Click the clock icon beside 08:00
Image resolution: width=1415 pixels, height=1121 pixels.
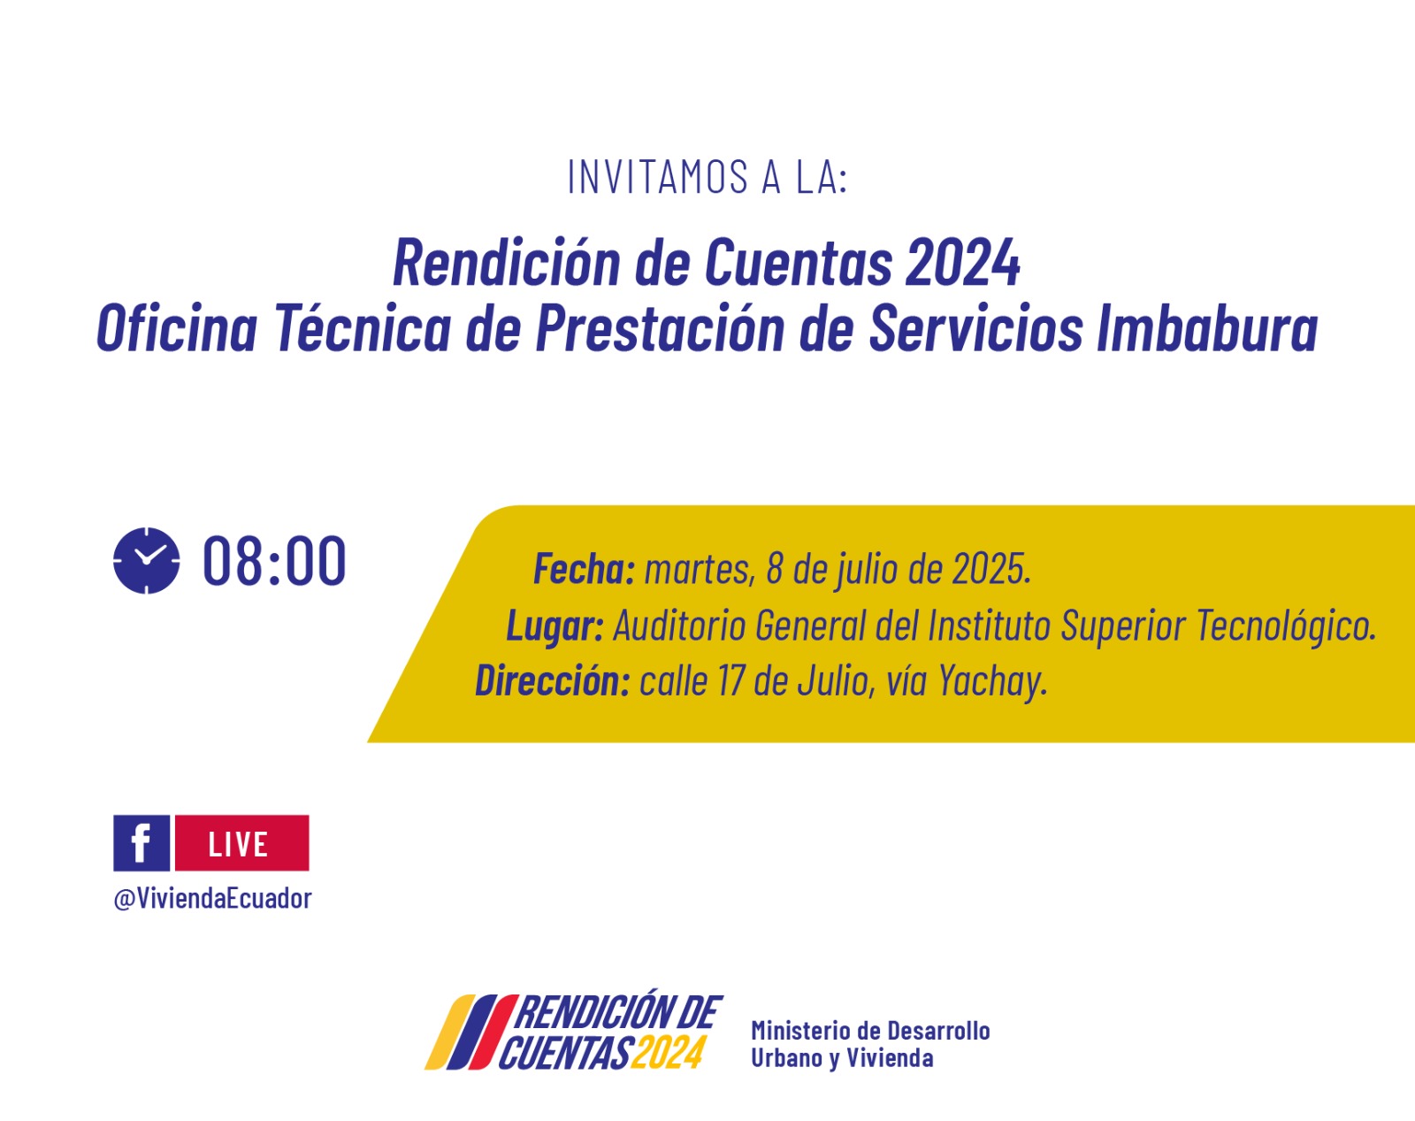pos(146,561)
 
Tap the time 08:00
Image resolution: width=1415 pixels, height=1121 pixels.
pos(274,561)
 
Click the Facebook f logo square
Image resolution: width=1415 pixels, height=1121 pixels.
pos(141,842)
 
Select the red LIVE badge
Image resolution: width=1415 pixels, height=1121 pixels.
pos(242,842)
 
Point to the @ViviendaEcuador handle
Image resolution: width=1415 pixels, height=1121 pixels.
pos(212,898)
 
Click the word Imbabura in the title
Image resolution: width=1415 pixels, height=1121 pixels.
pos(1207,327)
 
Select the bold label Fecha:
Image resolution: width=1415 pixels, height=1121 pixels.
pos(584,568)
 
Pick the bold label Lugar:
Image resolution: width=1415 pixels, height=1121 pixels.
pos(555,625)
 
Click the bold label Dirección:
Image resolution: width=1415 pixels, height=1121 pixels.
pos(553,680)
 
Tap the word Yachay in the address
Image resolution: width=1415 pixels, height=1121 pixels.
pos(992,681)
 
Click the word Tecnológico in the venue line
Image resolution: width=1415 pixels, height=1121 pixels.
pos(1286,625)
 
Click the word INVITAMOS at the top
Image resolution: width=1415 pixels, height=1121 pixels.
pos(657,177)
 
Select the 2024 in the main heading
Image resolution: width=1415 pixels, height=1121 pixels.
pos(962,263)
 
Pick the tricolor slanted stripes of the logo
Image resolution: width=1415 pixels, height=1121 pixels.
pos(470,1032)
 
